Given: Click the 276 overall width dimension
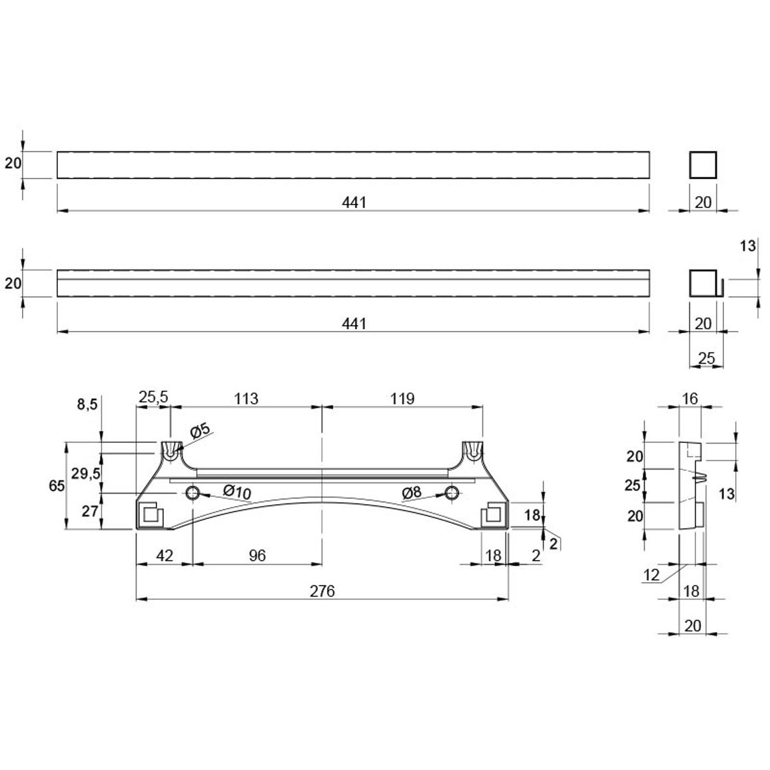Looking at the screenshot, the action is (x=322, y=591).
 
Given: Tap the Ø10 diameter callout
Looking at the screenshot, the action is (x=236, y=492).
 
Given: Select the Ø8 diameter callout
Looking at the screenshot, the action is (x=412, y=492).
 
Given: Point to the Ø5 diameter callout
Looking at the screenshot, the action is (x=200, y=431).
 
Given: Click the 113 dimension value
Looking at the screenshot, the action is (x=246, y=398).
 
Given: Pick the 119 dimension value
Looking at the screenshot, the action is (x=402, y=398).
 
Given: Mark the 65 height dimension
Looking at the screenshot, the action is (x=57, y=486).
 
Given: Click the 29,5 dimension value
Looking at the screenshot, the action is (x=86, y=474).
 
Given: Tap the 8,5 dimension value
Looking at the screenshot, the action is (x=87, y=404).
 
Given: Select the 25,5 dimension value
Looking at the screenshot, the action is (x=153, y=397).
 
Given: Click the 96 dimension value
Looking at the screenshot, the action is (x=257, y=556).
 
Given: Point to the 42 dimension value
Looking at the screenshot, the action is (x=165, y=556).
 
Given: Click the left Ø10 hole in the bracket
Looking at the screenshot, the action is (x=192, y=492).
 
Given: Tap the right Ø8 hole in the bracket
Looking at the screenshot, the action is (x=452, y=492).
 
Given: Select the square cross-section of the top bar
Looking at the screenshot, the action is (x=703, y=165).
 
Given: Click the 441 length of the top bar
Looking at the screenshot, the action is (x=354, y=202).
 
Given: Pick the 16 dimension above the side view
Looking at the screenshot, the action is (x=690, y=398).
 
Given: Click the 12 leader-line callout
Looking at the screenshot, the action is (x=651, y=574).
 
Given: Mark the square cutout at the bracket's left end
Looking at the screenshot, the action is (x=151, y=514).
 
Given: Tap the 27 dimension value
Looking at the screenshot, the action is (x=90, y=511).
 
